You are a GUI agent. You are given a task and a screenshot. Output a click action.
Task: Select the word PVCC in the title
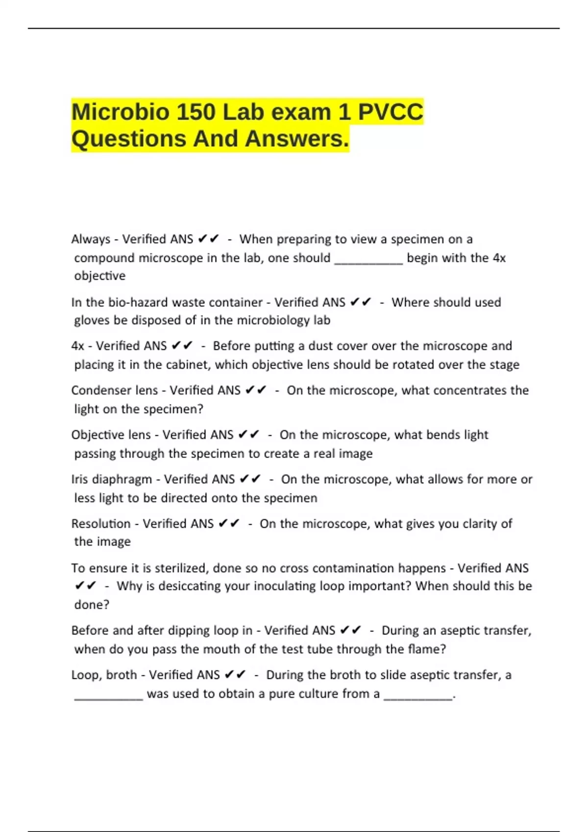pyautogui.click(x=391, y=112)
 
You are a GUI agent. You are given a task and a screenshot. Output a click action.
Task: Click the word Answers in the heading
pyautogui.click(x=296, y=139)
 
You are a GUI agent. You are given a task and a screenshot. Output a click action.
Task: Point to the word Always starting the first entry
pyautogui.click(x=91, y=239)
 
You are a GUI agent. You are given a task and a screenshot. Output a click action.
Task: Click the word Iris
pyautogui.click(x=80, y=479)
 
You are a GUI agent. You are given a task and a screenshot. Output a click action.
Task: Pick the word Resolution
pyautogui.click(x=101, y=524)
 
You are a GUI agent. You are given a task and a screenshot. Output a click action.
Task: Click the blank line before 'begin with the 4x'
pyautogui.click(x=368, y=260)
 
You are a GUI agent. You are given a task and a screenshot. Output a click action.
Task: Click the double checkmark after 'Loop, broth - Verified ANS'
pyautogui.click(x=235, y=675)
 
